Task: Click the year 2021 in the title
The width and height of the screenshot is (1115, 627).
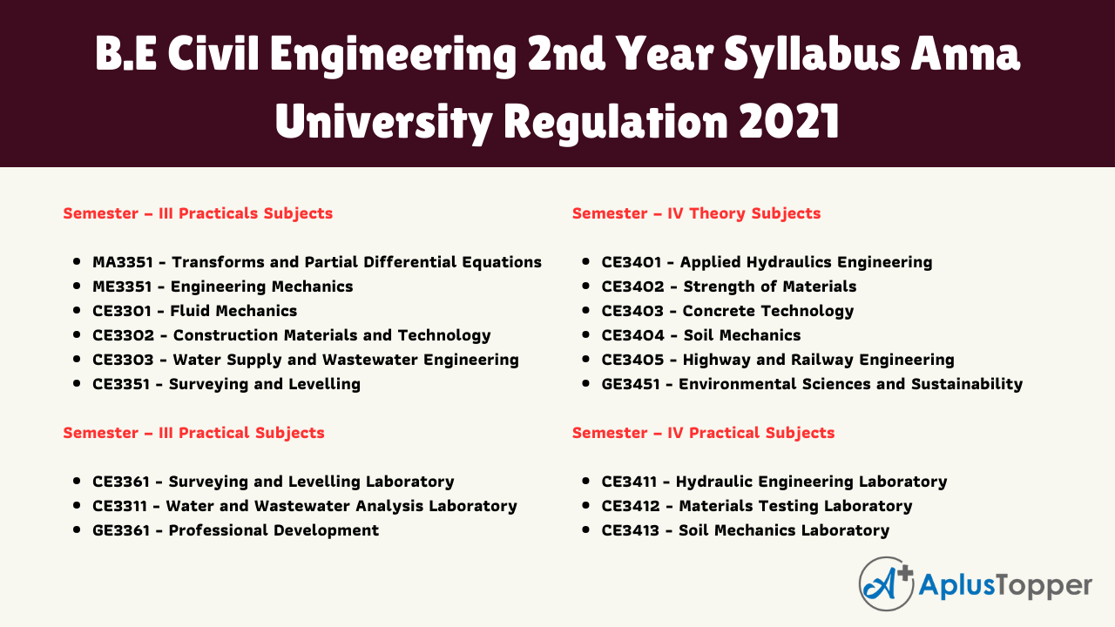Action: (x=789, y=121)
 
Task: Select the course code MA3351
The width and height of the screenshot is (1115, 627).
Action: (x=122, y=262)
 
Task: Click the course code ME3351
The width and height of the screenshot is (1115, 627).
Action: (x=122, y=287)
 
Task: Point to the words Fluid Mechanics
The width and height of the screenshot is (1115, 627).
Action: (x=233, y=311)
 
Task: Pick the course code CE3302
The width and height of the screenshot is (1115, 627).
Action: (x=124, y=335)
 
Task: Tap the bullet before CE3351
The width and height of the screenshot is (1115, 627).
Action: (x=77, y=383)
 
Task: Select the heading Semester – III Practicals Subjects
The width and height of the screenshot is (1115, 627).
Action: (x=198, y=213)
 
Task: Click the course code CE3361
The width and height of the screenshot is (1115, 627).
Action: (x=121, y=482)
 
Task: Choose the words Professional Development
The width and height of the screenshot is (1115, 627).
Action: (x=274, y=530)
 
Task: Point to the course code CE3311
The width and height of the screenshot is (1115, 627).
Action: (x=120, y=506)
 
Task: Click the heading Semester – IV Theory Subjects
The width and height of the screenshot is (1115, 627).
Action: (x=696, y=213)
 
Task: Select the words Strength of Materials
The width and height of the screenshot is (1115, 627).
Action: (x=769, y=287)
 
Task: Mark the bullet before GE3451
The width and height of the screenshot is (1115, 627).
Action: (x=586, y=383)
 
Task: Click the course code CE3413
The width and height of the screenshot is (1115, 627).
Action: (x=631, y=530)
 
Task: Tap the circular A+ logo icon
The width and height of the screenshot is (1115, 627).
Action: (x=887, y=583)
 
